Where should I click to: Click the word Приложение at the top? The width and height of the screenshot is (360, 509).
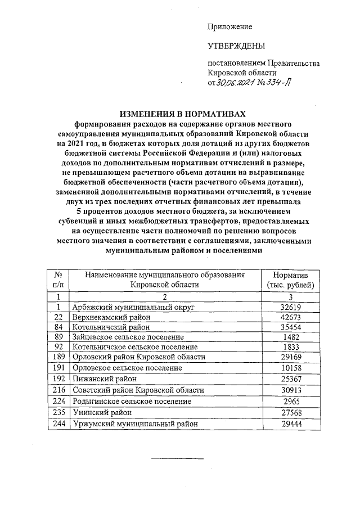(x=229, y=27)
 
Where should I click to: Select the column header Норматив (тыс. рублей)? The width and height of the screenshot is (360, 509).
(x=289, y=280)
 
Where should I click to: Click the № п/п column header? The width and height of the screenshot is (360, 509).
(x=57, y=280)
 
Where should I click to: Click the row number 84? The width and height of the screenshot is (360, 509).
(x=57, y=327)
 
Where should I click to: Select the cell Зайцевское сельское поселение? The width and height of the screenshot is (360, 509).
(x=128, y=337)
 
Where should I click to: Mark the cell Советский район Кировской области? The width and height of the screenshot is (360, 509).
(x=138, y=389)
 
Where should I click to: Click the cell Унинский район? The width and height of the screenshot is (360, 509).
(x=100, y=413)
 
